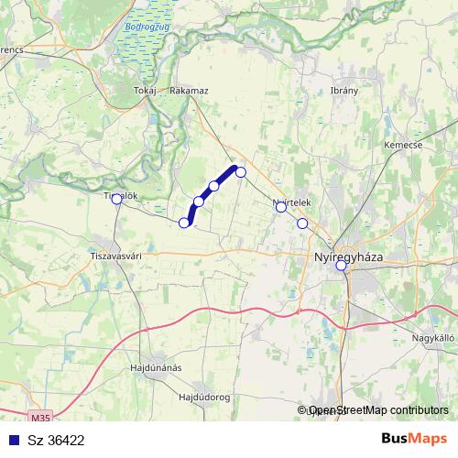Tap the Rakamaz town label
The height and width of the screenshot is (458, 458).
coord(190,91)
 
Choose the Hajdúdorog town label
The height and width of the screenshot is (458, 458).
coord(203,398)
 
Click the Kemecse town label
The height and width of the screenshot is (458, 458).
coord(403,145)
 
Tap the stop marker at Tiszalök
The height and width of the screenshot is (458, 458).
coord(116,199)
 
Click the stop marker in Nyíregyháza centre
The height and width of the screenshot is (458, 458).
coord(341,266)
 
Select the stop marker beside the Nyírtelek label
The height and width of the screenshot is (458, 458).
coord(281,207)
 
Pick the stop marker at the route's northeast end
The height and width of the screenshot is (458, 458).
coord(241,171)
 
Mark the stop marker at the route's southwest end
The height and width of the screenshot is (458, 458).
coord(184,223)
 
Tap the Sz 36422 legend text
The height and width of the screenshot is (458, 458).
coord(57,441)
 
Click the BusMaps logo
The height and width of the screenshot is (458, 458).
coord(414,440)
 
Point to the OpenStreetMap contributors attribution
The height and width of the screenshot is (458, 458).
coord(378,410)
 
